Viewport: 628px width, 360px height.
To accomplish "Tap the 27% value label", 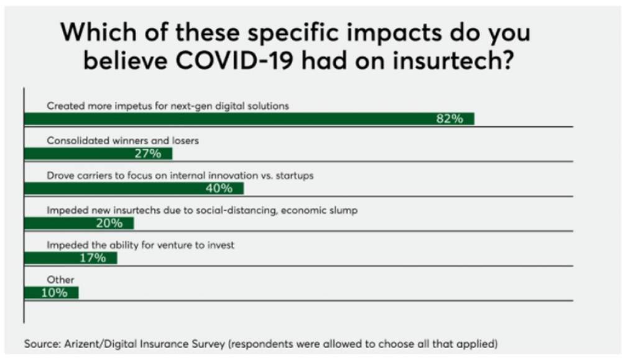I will click(148, 154).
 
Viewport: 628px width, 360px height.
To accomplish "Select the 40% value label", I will click(219, 188).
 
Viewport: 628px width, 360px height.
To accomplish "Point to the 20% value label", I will click(109, 223).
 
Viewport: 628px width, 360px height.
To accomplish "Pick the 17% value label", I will click(92, 258).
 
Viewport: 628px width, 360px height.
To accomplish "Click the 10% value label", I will click(54, 293).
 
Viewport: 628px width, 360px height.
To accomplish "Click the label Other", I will click(60, 280).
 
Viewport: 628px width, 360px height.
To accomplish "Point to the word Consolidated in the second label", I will click(78, 141).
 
